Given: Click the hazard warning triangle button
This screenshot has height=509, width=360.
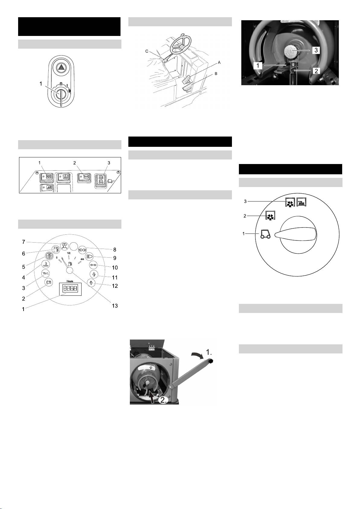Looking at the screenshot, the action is [61, 68].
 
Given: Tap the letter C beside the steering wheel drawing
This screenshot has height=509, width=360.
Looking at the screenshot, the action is [147, 51].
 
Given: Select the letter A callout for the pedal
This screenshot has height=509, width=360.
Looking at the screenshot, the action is [219, 62].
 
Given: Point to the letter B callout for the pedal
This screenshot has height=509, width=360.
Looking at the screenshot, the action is [216, 74].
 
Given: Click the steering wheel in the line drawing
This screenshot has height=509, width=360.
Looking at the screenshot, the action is [181, 44].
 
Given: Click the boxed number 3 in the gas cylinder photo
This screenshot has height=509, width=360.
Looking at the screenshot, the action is [316, 50].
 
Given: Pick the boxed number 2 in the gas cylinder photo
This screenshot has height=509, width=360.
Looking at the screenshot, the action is [316, 71].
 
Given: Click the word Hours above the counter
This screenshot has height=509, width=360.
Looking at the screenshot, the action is [70, 281].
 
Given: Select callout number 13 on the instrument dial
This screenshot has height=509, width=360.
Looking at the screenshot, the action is [115, 306].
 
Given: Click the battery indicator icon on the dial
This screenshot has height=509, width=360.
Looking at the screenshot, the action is [49, 282].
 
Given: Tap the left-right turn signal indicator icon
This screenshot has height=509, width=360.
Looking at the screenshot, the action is [93, 265].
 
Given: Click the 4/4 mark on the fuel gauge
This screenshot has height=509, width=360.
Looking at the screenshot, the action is [82, 259].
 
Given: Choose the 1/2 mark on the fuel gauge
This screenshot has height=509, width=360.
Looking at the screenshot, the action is [69, 253].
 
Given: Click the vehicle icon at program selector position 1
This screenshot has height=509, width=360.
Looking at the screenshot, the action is [265, 234].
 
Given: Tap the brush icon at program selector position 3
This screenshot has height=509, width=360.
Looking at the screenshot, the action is [301, 201].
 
